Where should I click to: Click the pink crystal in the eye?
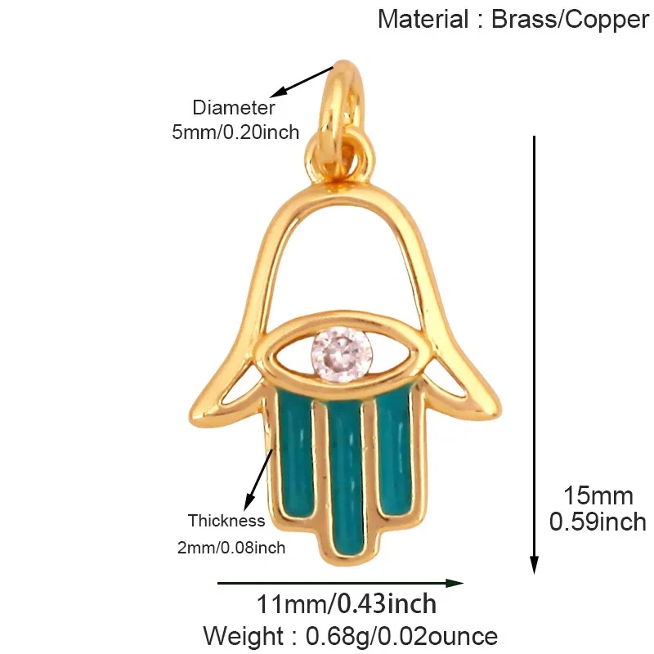(341, 354)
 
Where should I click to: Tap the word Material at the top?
(423, 19)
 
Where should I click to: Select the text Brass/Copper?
(570, 20)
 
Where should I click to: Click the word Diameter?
(234, 108)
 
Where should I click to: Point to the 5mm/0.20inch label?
(235, 132)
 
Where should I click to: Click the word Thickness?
(226, 521)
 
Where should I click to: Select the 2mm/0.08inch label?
(231, 548)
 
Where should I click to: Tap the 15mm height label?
(598, 496)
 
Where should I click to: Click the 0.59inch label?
(598, 522)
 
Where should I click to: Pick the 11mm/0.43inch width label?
(346, 603)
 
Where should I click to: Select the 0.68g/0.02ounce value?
(401, 636)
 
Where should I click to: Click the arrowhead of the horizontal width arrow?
(455, 583)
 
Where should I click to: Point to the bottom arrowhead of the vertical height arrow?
(534, 564)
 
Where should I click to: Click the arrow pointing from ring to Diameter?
(302, 82)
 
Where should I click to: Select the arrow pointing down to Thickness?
(258, 480)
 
